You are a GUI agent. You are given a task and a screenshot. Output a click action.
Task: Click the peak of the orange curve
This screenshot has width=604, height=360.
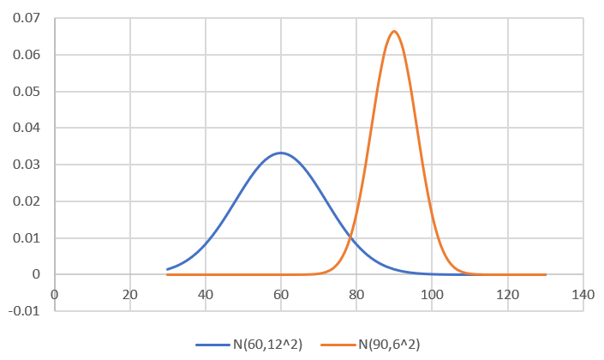pos(394,32)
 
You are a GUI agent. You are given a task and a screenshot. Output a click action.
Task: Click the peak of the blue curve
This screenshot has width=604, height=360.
pos(281,153)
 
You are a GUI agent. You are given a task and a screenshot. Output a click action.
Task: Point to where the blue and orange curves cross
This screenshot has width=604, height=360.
pos(352,235)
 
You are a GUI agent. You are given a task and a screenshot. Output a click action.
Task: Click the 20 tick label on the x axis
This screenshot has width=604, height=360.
pos(130,294)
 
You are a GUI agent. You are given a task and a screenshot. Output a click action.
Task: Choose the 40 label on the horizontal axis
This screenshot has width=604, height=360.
pos(206,294)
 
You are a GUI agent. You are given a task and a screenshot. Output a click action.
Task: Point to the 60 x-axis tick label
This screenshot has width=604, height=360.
pos(281,294)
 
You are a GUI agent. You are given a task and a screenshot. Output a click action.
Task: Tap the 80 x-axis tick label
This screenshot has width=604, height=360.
pos(356,294)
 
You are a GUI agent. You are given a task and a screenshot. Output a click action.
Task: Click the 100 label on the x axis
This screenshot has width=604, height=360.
pos(432,294)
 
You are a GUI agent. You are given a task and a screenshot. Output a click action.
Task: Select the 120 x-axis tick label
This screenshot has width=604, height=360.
pos(507,294)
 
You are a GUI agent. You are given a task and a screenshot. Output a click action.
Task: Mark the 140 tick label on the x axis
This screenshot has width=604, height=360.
pos(583,294)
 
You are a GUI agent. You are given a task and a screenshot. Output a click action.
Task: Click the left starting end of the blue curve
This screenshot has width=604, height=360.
pos(168,269)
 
